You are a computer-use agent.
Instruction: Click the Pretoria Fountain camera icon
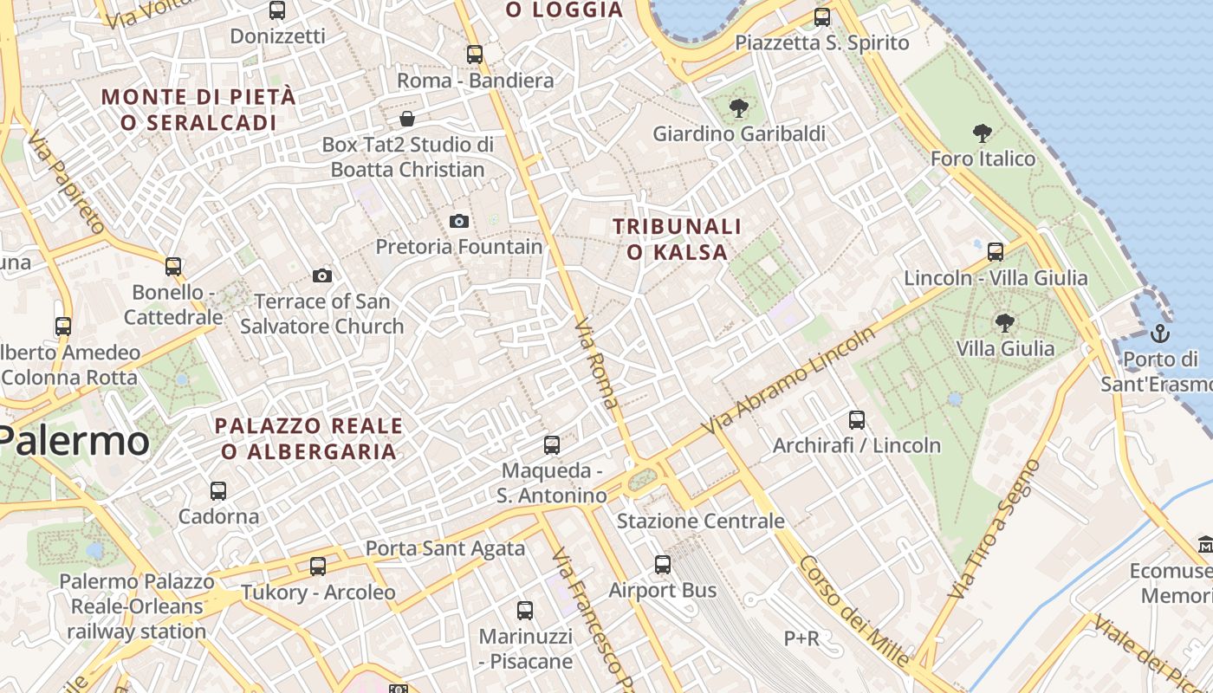click(459, 222)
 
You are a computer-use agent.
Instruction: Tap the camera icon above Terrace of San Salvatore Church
click(322, 276)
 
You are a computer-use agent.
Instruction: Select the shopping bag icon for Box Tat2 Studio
click(407, 119)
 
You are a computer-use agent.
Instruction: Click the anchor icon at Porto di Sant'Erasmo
click(1159, 334)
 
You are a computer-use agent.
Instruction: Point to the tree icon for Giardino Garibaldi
click(739, 108)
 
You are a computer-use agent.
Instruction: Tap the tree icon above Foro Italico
click(983, 133)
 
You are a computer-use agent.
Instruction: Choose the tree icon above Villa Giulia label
click(1005, 323)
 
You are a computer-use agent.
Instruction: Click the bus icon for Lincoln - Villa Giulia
click(996, 252)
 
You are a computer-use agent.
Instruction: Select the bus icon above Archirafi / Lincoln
click(857, 420)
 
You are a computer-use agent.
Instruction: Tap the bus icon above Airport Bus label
click(663, 565)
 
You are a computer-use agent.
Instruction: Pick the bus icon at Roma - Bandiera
click(475, 55)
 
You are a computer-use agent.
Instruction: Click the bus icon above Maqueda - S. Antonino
click(552, 445)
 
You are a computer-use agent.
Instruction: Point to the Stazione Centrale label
click(700, 521)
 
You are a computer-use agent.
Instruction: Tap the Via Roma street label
click(597, 363)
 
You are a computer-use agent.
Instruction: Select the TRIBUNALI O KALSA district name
click(678, 239)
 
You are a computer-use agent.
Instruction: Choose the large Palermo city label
click(75, 441)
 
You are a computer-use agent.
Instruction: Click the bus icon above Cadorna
click(218, 491)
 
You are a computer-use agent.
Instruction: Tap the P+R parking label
click(801, 638)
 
